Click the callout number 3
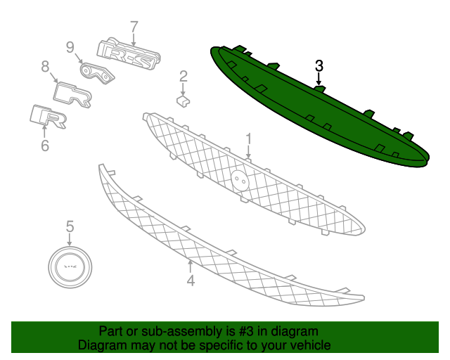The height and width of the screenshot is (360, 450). point(319,66)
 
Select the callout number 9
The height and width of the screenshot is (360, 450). point(70,47)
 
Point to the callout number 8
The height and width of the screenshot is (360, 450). point(45,67)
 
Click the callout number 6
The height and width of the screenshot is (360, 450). point(45,146)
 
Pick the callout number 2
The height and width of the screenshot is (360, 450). point(184,77)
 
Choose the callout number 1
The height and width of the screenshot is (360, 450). point(248,139)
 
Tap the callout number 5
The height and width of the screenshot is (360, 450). point(70,226)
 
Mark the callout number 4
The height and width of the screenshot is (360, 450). point(191,280)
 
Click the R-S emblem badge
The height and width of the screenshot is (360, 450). point(129,53)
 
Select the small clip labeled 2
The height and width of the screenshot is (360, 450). point(183,101)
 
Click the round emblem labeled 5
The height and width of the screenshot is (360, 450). point(70,267)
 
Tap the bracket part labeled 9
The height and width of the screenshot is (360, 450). point(96,74)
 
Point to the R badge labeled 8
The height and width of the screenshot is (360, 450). point(72,95)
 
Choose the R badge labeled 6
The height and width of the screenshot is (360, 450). point(49,116)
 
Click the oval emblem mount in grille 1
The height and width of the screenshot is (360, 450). point(240,180)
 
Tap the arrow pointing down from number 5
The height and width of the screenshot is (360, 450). point(70,240)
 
